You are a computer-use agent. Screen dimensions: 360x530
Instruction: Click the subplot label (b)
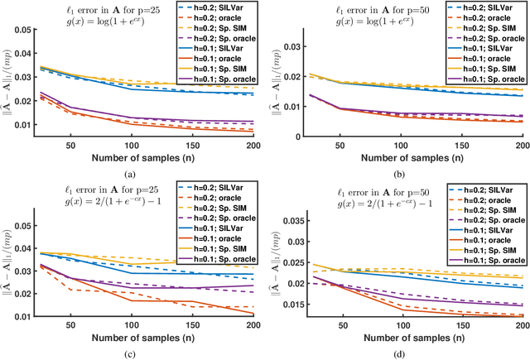pos(398,172)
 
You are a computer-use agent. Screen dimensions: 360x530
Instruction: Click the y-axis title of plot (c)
pos(8,257)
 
